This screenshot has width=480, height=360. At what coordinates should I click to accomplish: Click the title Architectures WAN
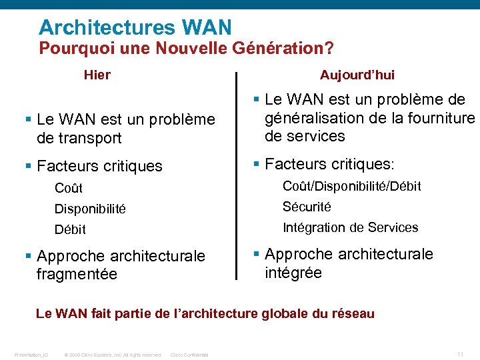[135, 27]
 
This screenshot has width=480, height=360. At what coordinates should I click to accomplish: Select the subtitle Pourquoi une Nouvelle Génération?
[186, 49]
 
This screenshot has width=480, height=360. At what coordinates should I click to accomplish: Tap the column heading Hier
[97, 75]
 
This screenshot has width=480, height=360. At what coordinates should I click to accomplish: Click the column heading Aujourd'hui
[357, 75]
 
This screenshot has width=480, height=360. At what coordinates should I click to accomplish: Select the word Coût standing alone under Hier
[69, 189]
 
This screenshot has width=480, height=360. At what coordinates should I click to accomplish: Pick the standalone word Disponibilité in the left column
[90, 209]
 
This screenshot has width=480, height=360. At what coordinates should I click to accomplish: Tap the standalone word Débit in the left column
[70, 229]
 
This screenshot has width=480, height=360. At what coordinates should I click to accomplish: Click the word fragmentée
[77, 274]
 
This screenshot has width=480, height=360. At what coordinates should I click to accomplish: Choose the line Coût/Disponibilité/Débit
[351, 186]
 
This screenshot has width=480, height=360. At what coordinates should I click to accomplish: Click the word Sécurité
[307, 207]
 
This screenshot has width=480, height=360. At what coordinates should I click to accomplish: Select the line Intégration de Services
[350, 227]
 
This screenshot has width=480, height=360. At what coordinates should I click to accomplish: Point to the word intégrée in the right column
[293, 273]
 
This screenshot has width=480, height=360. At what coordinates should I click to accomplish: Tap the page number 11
[460, 353]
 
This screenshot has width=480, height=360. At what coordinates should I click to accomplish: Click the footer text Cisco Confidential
[189, 355]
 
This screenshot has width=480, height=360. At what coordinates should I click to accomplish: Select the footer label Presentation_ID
[31, 355]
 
